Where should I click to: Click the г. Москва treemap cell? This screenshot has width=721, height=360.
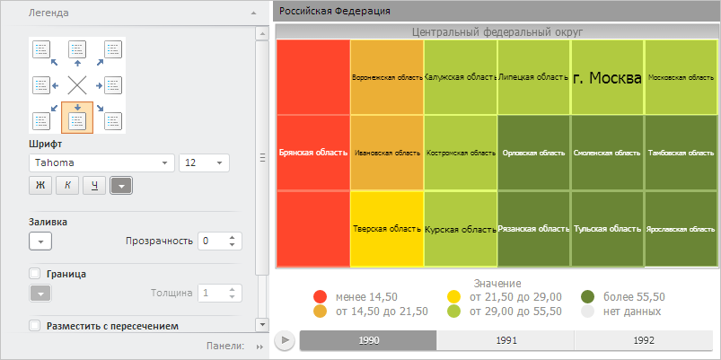coord(607,77)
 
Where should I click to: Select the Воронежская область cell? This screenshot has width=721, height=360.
coord(387,77)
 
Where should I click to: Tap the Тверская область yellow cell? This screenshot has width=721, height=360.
coord(387,228)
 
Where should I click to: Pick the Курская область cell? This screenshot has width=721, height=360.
coord(461,228)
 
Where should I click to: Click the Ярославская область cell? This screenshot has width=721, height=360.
coord(681,228)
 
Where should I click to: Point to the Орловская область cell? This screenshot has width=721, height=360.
coord(533,153)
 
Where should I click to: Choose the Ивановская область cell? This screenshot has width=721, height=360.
coord(387,153)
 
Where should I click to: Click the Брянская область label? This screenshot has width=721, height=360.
coord(312,153)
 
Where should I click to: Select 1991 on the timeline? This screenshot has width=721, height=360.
coord(506,340)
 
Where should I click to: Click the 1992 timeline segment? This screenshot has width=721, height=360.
coord(643,340)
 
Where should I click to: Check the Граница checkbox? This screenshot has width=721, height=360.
coord(35,274)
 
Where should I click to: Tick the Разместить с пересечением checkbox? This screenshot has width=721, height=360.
coord(35,326)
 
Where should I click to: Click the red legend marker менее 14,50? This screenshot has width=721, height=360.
coord(321,297)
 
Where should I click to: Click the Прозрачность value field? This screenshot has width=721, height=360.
coord(213,241)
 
